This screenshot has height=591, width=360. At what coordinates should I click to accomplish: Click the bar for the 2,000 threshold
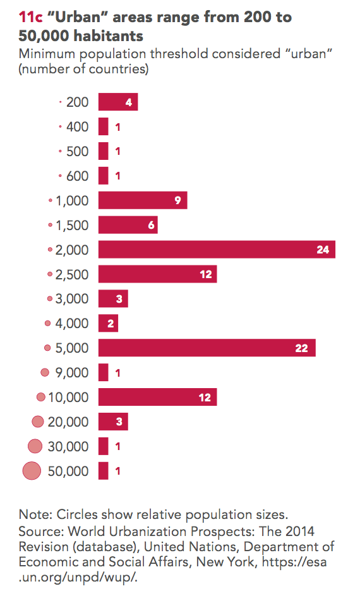(x=217, y=250)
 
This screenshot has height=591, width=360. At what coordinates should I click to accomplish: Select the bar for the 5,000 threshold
(x=207, y=348)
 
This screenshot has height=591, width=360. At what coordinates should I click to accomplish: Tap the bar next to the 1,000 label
(x=143, y=200)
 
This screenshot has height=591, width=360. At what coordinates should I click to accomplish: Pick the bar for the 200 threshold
(x=118, y=102)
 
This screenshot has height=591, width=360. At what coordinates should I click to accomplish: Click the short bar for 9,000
(x=103, y=372)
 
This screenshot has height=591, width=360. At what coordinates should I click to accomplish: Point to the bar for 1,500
(x=128, y=224)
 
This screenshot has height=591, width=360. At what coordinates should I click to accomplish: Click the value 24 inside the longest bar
(x=323, y=250)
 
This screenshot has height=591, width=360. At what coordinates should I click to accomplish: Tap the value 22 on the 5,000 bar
(x=301, y=348)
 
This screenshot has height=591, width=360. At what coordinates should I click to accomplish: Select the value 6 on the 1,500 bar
(x=151, y=225)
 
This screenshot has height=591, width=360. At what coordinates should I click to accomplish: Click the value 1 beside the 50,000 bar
(x=118, y=471)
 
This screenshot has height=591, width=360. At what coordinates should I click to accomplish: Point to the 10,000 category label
(x=68, y=398)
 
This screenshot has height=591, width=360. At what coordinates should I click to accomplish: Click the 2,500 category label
(x=72, y=274)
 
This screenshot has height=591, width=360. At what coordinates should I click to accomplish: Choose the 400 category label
(x=77, y=126)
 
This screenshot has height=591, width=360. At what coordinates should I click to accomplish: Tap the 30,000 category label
(x=68, y=446)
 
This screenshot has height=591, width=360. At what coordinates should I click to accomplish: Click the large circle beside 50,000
(x=32, y=471)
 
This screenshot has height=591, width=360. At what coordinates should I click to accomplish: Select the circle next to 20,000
(x=38, y=422)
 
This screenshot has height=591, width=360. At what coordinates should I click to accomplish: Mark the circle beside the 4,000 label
(x=47, y=323)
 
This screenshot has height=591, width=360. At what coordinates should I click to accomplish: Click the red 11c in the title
(x=30, y=17)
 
